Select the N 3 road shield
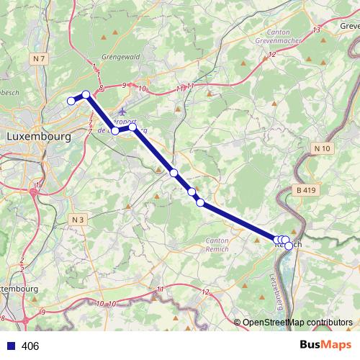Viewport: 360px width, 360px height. [x=78, y=219]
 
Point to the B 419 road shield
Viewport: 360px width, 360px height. [x=306, y=190]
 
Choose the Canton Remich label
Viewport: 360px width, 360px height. [x=217, y=244]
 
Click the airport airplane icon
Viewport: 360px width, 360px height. [x=122, y=112]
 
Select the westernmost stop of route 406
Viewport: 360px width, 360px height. [x=71, y=102]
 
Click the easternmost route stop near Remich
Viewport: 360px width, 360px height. [x=289, y=246]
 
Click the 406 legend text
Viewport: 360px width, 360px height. [x=30, y=346]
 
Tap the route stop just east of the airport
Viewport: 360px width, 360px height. [x=132, y=127]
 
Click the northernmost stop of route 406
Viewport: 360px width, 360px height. [x=86, y=94]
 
